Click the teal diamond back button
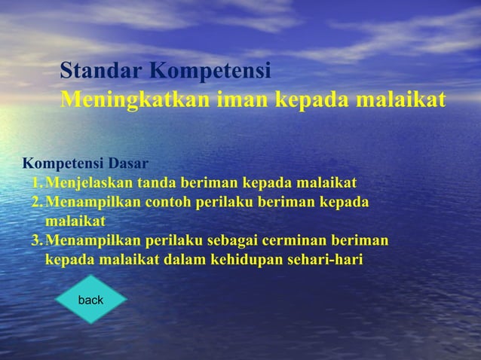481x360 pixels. [90, 300]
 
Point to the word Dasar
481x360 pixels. [128, 163]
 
